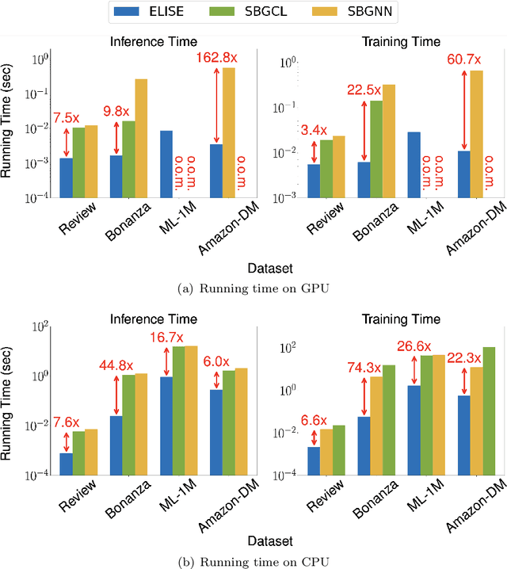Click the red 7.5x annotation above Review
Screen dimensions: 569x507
(66, 120)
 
